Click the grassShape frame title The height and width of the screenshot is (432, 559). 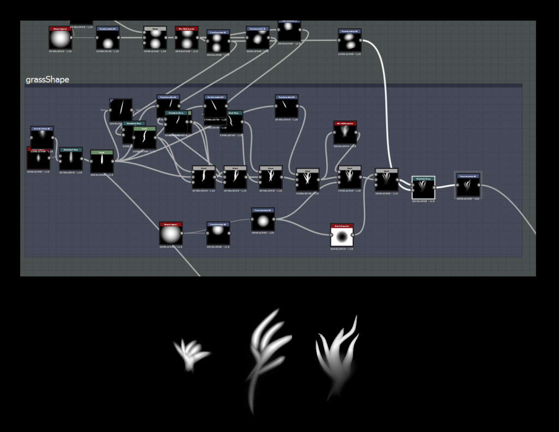tap(47, 80)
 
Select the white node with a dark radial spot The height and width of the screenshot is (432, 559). tap(342, 236)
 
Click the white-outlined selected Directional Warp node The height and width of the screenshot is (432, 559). tap(423, 188)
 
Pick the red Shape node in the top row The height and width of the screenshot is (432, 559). tap(60, 38)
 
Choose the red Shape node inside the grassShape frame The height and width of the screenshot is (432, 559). tap(171, 234)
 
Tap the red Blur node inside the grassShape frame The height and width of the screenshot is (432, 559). tap(345, 133)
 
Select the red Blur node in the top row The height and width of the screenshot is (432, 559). tap(187, 38)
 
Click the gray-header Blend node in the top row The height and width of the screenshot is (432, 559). tap(155, 38)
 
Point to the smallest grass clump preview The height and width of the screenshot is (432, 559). tap(191, 354)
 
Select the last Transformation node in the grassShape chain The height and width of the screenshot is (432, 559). tap(468, 185)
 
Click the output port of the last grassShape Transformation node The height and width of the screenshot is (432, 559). tap(480, 185)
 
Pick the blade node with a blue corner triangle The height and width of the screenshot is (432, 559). tap(121, 110)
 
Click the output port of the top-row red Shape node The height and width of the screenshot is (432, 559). tap(72, 38)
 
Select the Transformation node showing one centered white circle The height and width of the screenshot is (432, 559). tap(263, 220)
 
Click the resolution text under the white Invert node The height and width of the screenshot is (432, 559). tap(342, 249)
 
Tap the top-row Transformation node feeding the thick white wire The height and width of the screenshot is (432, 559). tap(349, 40)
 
